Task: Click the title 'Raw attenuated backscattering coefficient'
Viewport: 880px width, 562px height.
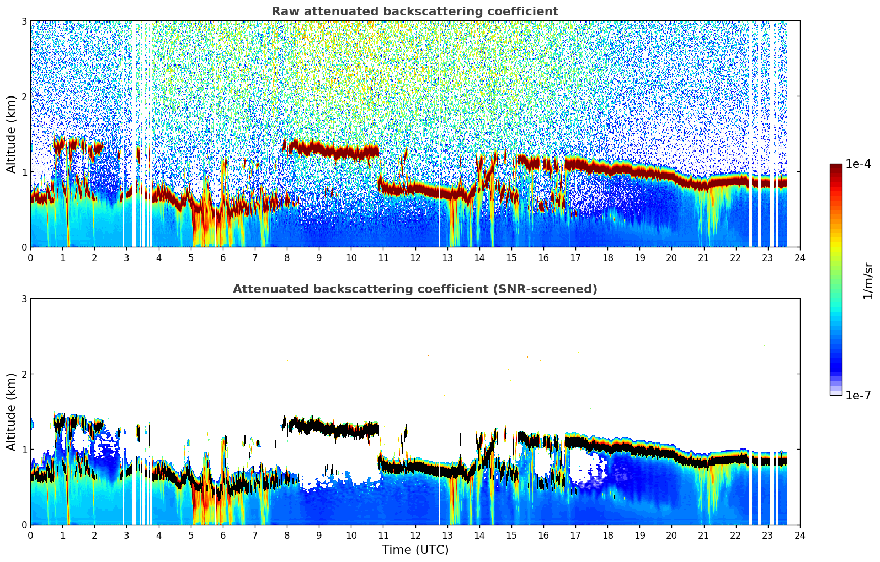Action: (x=414, y=12)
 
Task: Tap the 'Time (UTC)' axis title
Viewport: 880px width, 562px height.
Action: (x=415, y=550)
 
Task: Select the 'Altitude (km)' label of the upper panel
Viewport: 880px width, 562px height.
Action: (x=11, y=134)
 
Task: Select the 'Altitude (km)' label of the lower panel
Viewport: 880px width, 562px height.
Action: (x=11, y=412)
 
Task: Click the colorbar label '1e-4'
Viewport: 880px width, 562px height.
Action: (x=858, y=164)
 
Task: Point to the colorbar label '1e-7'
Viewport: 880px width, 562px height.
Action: (x=858, y=395)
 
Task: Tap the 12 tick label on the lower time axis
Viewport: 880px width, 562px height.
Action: (x=415, y=535)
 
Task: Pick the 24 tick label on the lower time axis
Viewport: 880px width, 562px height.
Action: (x=799, y=535)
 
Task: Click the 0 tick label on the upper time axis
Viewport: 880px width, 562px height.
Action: (x=30, y=257)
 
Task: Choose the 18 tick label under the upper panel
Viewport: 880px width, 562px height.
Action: (x=607, y=257)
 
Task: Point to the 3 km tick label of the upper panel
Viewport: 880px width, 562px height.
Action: (x=24, y=21)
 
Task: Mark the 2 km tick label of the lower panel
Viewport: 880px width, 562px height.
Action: (x=24, y=374)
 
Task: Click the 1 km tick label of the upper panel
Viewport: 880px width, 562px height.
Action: (x=24, y=172)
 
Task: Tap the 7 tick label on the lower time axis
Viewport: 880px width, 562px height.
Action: (x=255, y=535)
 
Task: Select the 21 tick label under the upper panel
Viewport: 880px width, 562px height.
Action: (x=703, y=257)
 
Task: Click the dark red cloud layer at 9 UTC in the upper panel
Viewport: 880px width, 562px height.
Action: (x=319, y=148)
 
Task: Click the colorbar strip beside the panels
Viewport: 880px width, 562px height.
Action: (x=835, y=279)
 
